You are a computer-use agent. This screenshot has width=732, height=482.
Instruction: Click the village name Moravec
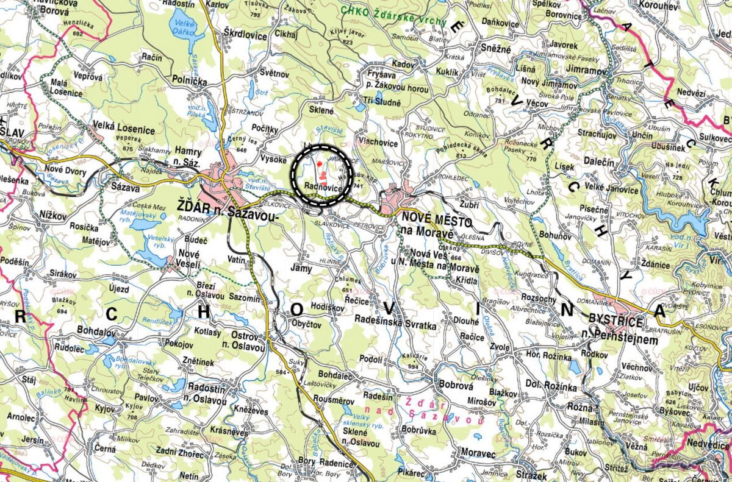478,453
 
